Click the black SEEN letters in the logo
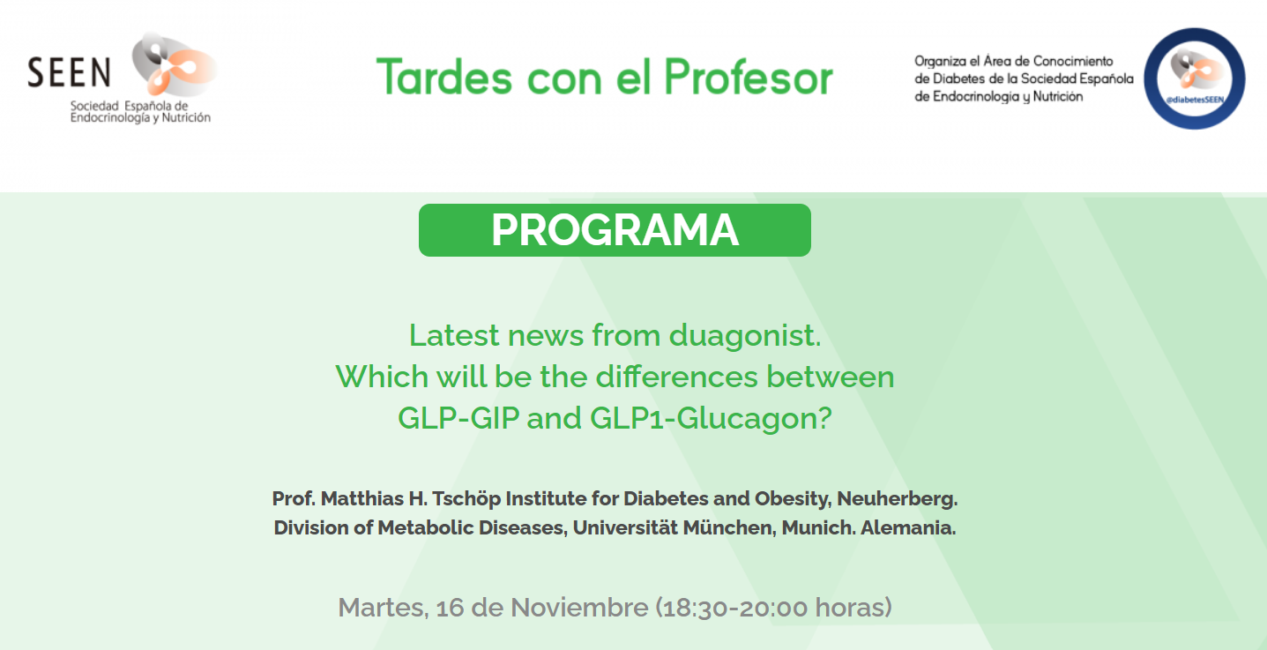(x=69, y=72)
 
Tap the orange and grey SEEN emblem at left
(x=173, y=64)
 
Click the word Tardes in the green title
(x=444, y=77)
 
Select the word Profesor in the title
(x=749, y=77)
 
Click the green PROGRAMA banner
(x=615, y=230)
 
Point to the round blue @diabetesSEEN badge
(x=1195, y=78)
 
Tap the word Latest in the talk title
(x=454, y=335)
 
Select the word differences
(x=676, y=377)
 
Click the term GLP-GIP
(x=458, y=418)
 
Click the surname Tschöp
(x=466, y=499)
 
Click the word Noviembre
(x=579, y=608)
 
